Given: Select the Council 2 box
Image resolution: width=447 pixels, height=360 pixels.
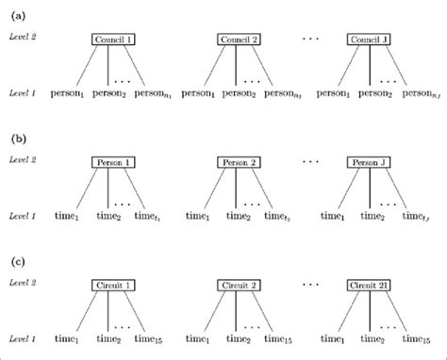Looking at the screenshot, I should pyautogui.click(x=236, y=40).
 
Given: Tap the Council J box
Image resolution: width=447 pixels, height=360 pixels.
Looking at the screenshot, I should pyautogui.click(x=369, y=40).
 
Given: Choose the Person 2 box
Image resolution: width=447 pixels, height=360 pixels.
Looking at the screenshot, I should pyautogui.click(x=236, y=162).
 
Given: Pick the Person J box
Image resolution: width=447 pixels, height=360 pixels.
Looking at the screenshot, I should pyautogui.click(x=369, y=162).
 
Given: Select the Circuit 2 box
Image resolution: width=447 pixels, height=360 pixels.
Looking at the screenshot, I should pyautogui.click(x=236, y=284).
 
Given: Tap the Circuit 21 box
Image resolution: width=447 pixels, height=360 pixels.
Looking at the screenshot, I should pyautogui.click(x=369, y=284).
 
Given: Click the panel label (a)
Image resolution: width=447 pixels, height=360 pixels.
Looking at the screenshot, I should pyautogui.click(x=18, y=11).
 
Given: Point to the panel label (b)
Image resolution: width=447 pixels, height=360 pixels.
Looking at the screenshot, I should pyautogui.click(x=18, y=138).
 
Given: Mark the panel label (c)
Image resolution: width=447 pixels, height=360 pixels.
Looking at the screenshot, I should pyautogui.click(x=18, y=259).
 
